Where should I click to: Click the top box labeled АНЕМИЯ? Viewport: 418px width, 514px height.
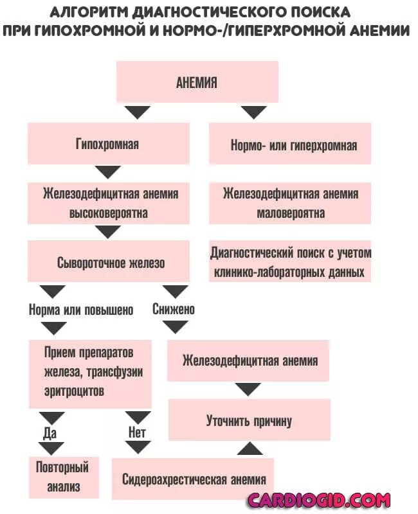[197, 83]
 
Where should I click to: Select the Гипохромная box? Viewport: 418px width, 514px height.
[108, 144]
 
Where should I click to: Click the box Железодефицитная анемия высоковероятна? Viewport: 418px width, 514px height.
[108, 203]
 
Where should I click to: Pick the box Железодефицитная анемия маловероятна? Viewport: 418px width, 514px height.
[291, 203]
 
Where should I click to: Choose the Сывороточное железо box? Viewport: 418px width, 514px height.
[108, 262]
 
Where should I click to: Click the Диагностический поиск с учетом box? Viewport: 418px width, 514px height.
[291, 262]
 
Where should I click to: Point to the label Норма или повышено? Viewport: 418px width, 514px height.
[81, 310]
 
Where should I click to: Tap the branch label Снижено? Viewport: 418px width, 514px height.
[174, 309]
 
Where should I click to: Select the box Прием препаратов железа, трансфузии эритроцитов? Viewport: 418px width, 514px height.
[90, 373]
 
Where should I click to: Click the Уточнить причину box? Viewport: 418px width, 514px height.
[249, 421]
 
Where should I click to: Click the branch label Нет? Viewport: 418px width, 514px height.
[137, 432]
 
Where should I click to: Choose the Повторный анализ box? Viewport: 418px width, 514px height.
[64, 476]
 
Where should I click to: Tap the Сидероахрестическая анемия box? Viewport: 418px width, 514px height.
[193, 479]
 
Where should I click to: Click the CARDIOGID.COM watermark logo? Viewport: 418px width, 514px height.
[319, 500]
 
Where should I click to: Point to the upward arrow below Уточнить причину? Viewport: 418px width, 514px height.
[249, 448]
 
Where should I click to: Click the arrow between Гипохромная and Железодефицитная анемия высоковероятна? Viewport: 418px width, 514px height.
[108, 172]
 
